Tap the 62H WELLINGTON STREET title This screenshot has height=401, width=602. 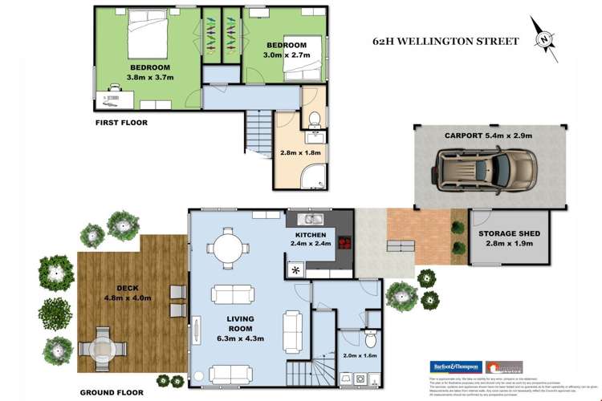(445, 41)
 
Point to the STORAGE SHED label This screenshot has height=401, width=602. (508, 234)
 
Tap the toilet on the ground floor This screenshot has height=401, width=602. (371, 338)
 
